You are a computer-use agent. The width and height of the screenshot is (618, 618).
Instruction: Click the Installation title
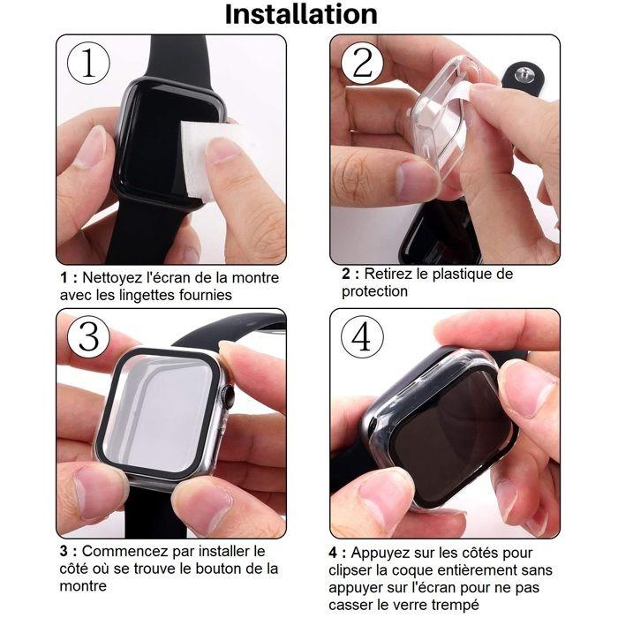(301, 14)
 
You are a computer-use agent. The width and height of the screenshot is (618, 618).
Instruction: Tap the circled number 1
(89, 64)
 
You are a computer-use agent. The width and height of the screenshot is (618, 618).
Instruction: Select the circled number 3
(89, 337)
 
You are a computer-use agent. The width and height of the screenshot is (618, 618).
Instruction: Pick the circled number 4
(362, 336)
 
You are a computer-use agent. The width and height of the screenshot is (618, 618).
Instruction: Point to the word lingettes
(149, 295)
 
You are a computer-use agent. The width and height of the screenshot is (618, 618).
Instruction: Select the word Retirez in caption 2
(388, 275)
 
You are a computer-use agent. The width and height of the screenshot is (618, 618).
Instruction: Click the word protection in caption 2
(375, 291)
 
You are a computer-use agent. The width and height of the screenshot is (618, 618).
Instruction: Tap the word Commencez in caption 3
(123, 552)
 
